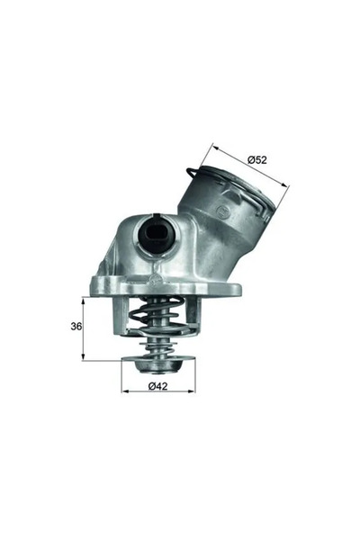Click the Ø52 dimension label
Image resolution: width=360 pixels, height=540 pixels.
[x=259, y=159]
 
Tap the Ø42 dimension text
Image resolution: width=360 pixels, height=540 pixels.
[x=157, y=387]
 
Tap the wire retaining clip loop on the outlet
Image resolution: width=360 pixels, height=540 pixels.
[x=195, y=173]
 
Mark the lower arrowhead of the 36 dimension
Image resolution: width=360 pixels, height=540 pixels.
[x=83, y=356]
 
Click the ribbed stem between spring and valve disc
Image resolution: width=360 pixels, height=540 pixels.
[x=158, y=346]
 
